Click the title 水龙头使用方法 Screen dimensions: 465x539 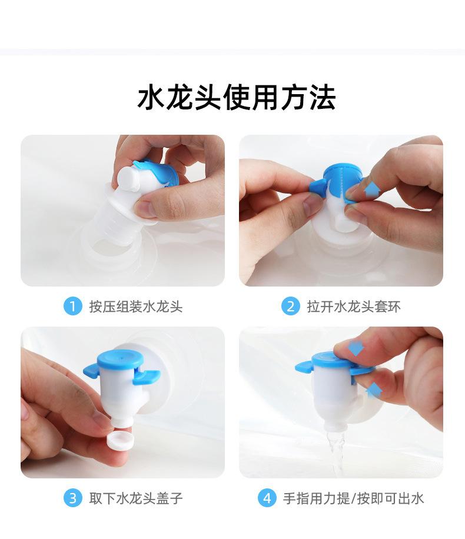pos(237,98)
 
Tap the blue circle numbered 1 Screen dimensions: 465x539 pos(72,306)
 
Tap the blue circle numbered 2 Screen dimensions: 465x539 pos(291,306)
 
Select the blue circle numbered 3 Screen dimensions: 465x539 pos(72,498)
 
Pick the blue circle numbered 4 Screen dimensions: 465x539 pos(267,498)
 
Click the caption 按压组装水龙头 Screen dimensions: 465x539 pos(136,307)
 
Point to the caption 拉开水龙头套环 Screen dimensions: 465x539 pos(354,307)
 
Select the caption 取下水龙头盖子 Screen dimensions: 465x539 pos(136,498)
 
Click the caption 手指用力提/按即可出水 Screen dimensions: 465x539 pos(354,498)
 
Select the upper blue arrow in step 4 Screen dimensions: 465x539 pos(356,348)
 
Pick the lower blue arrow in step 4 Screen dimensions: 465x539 pos(374,390)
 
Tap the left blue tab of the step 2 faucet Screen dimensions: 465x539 pos(318,185)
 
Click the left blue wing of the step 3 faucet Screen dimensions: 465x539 pos(91,370)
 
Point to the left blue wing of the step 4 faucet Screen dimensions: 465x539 pos(304,366)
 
